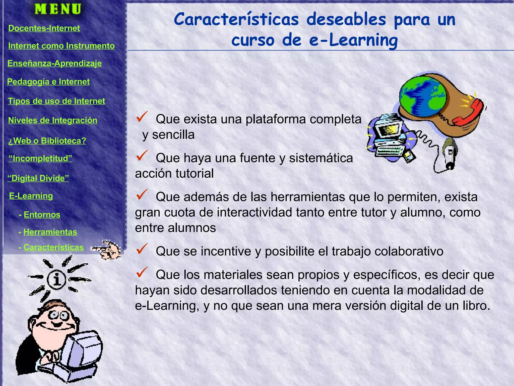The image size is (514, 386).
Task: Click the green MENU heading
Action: click(58, 9)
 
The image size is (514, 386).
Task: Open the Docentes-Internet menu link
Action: click(44, 28)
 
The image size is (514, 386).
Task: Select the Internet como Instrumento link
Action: click(61, 46)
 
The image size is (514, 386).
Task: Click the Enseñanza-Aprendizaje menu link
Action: click(54, 63)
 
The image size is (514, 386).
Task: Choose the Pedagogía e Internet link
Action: click(48, 82)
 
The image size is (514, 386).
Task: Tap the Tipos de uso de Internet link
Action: click(56, 101)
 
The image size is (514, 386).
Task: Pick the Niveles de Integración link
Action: click(53, 120)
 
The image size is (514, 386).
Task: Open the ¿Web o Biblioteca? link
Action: click(47, 141)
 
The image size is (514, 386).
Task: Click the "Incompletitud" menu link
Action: click(40, 158)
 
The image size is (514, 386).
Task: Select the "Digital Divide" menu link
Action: click(38, 178)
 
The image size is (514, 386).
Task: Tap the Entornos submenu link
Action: click(42, 215)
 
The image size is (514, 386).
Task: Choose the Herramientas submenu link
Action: click(50, 232)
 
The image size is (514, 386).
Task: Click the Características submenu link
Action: click(53, 247)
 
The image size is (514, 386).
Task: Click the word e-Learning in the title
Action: click(353, 40)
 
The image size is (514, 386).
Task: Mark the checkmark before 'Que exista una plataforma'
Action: click(142, 117)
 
